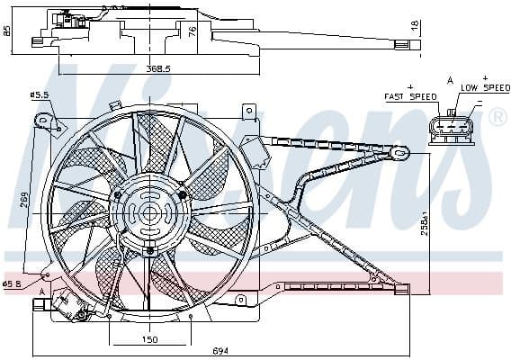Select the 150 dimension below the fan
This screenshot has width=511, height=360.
[x=149, y=339]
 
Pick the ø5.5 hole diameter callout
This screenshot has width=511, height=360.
[x=39, y=94]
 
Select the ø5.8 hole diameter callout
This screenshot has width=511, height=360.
[x=12, y=283]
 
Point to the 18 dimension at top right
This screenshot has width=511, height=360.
[x=415, y=27]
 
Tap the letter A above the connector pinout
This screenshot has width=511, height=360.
[x=451, y=81]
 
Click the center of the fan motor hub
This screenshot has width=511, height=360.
[x=149, y=213]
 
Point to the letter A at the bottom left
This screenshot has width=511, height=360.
[x=41, y=292]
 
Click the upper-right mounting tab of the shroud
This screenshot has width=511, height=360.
[x=247, y=112]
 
